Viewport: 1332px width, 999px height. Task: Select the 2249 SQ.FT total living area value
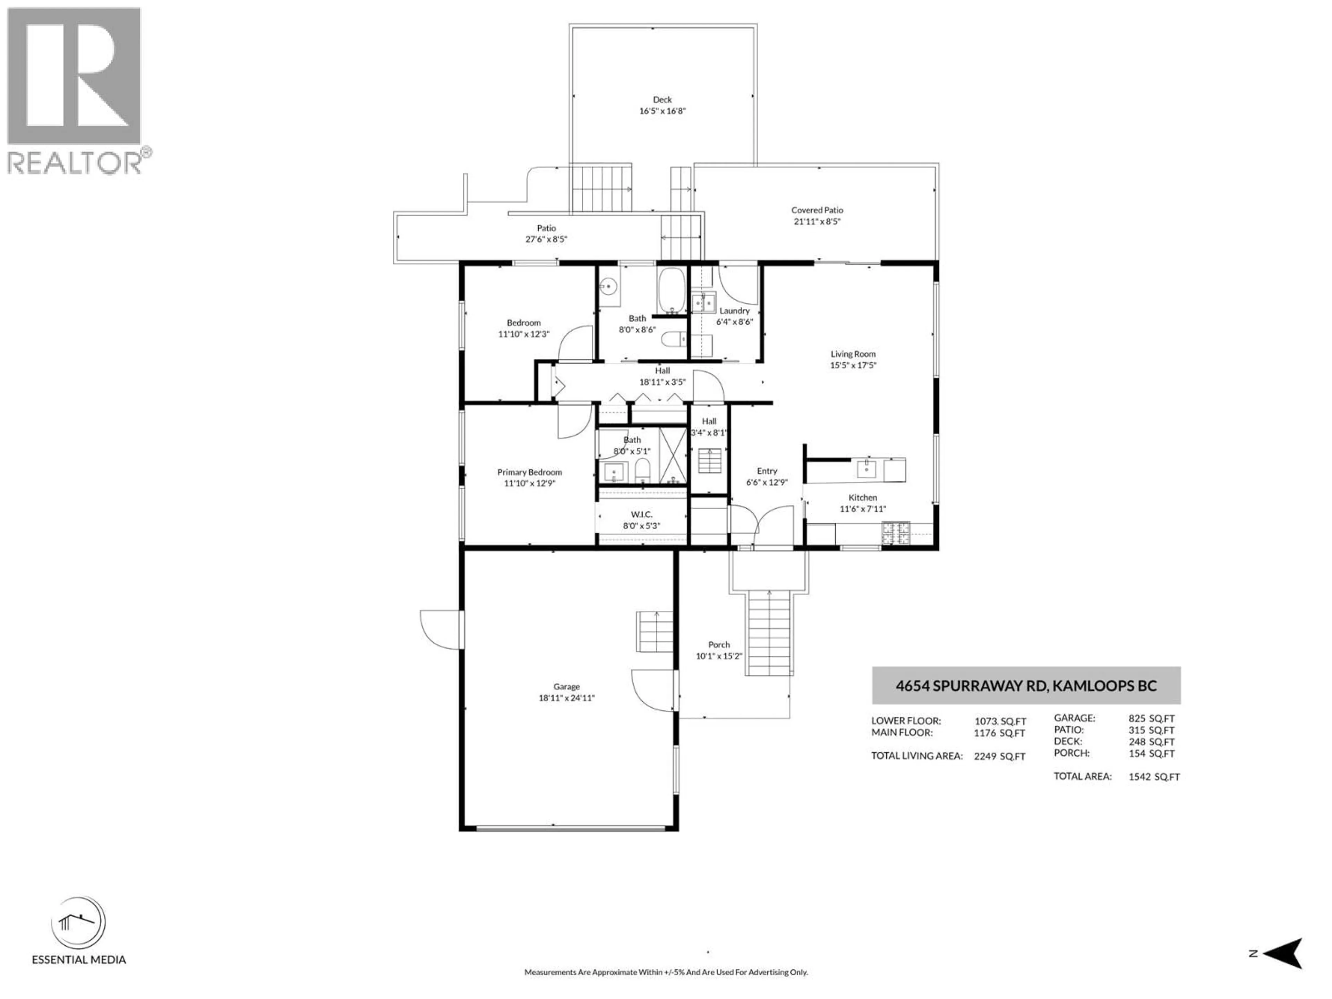tap(999, 756)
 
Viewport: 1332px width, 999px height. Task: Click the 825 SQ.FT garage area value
tap(1151, 718)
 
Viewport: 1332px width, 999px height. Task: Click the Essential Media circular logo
tap(78, 923)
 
